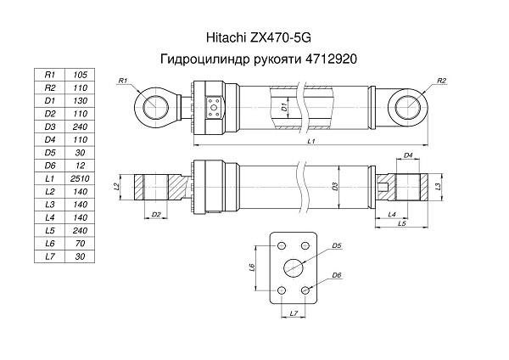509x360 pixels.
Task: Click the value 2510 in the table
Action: pos(80,178)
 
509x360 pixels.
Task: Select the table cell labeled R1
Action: pos(50,75)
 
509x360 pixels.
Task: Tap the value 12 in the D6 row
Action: pos(80,166)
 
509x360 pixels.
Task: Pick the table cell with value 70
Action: pos(80,244)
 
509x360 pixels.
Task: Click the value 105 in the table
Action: pos(80,75)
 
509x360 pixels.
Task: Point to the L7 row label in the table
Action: pos(50,256)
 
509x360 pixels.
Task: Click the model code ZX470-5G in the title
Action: pos(281,37)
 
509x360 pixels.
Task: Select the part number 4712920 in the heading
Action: pos(331,59)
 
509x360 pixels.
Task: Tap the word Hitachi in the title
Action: pos(227,37)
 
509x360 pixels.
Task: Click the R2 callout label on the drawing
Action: pos(442,81)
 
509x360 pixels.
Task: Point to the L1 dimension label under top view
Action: pos(311,141)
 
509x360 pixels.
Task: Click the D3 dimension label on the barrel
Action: pos(335,187)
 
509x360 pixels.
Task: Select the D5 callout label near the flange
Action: pos(337,245)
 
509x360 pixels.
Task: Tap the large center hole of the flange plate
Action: pos(294,267)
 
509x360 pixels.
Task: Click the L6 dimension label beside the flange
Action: pos(252,267)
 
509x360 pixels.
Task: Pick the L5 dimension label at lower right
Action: pos(402,223)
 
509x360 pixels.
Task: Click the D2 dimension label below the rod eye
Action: pos(156,215)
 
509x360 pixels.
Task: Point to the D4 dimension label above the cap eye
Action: pos(408,155)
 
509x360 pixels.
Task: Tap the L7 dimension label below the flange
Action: pos(294,313)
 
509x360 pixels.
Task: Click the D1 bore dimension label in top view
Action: pos(284,107)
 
